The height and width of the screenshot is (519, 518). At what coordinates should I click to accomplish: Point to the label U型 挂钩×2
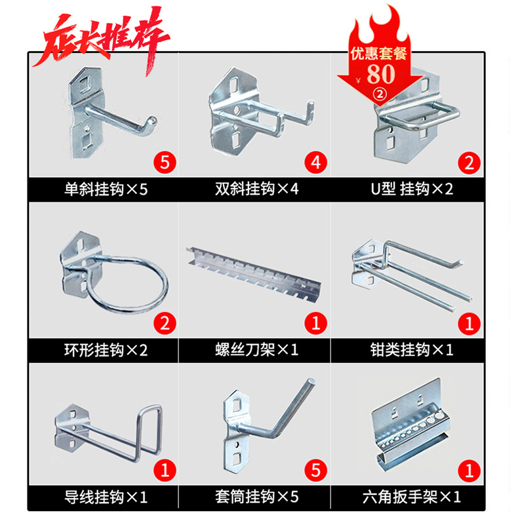tap(411, 189)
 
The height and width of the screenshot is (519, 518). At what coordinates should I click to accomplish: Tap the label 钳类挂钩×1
tap(411, 349)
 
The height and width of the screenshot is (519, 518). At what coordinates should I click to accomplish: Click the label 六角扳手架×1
tap(411, 497)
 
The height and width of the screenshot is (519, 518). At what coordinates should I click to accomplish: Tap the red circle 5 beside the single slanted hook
tap(164, 162)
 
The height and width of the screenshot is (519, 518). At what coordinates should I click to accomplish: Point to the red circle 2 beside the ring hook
tap(164, 322)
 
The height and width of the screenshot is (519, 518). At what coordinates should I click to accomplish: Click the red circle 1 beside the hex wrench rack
tap(469, 470)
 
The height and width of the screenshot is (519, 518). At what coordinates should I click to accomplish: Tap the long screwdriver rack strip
tap(256, 273)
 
